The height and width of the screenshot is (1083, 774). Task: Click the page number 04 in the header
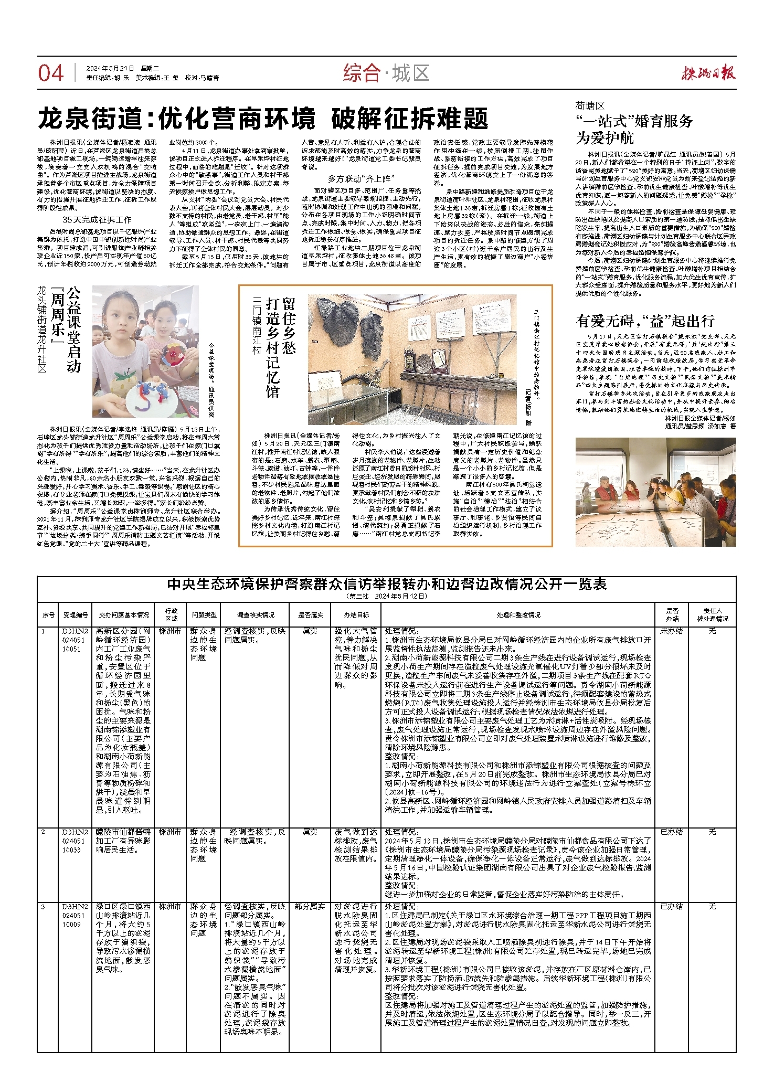point(51,73)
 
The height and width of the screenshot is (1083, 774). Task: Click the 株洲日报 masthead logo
point(708,72)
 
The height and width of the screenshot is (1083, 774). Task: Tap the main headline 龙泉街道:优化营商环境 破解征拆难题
point(263,119)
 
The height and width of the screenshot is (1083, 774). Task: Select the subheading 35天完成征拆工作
point(97,219)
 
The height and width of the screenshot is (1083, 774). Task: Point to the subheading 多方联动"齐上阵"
point(361,179)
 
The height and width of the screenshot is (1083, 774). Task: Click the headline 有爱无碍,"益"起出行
point(645,321)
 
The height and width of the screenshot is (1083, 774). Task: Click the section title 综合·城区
point(386,73)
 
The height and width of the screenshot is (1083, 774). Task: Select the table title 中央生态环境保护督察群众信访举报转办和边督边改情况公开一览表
point(386,584)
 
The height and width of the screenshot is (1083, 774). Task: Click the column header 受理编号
point(76,615)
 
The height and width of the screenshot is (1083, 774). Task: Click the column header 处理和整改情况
point(518,615)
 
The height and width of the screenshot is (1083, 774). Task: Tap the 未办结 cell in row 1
point(672,631)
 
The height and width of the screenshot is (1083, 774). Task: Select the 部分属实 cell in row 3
point(310,906)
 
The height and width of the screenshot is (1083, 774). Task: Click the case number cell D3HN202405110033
point(76,841)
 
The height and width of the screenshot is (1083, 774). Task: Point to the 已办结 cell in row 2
point(672,832)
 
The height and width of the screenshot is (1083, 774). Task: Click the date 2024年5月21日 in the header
point(111,68)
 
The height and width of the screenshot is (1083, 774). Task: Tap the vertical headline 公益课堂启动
point(74,329)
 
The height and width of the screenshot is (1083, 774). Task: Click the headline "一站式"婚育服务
point(634,122)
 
